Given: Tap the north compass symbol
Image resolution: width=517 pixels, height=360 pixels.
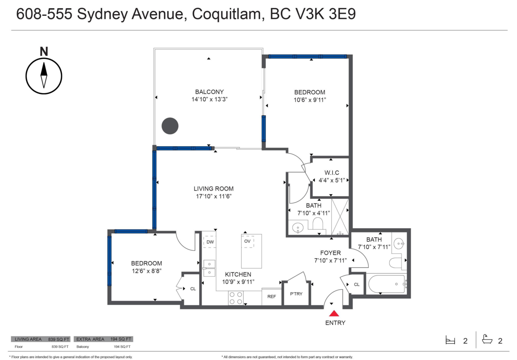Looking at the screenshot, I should click(x=44, y=74).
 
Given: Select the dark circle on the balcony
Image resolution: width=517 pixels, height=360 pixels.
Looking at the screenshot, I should click(x=170, y=126).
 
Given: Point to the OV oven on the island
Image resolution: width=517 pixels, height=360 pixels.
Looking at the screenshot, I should click(x=247, y=241).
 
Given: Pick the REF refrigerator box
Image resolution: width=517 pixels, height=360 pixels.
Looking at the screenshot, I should click(x=271, y=297).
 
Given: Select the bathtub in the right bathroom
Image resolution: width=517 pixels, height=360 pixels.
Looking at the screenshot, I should click(x=386, y=284).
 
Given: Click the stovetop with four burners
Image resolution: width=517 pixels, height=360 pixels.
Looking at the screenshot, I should click(x=236, y=297).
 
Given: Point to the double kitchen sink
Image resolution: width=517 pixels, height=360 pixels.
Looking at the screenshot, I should click(x=209, y=268).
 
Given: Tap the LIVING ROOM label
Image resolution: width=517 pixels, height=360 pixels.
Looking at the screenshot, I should click(x=213, y=188).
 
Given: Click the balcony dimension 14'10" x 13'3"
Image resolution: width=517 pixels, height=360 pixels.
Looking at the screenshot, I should click(x=209, y=99).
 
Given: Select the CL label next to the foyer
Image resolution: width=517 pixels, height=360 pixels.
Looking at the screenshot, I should click(x=357, y=285).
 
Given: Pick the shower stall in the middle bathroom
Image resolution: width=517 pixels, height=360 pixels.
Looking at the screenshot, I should click(x=340, y=217).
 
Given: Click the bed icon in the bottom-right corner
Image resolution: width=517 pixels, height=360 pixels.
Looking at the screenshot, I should click(x=450, y=341).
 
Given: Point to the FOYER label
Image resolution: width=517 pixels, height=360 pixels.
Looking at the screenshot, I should click(x=330, y=253).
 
